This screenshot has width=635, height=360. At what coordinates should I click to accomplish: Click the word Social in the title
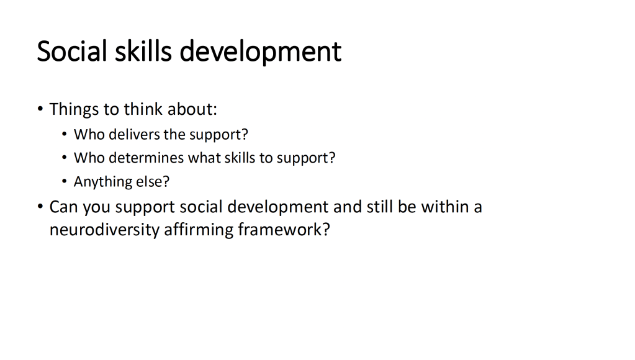pyautogui.click(x=71, y=51)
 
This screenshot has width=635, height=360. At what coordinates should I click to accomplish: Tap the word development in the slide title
pyautogui.click(x=261, y=52)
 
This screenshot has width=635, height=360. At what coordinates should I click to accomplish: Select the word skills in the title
pyautogui.click(x=143, y=51)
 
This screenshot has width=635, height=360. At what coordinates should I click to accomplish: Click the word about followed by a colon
pyautogui.click(x=192, y=109)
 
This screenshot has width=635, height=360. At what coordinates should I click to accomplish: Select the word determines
pyautogui.click(x=146, y=158)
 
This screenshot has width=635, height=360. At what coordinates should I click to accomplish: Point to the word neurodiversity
pyautogui.click(x=104, y=230)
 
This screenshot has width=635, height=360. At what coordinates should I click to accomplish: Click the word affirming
pyautogui.click(x=199, y=230)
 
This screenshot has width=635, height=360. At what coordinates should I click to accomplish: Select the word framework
pyautogui.click(x=284, y=229)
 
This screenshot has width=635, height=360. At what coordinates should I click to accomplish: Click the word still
pyautogui.click(x=380, y=207)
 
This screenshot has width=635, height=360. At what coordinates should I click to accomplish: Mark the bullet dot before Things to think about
pyautogui.click(x=40, y=109)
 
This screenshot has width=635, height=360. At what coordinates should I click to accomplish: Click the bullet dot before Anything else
pyautogui.click(x=65, y=181)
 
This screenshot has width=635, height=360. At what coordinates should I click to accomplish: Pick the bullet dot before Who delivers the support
pyautogui.click(x=65, y=134)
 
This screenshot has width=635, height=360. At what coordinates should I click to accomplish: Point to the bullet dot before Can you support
pyautogui.click(x=40, y=207)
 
